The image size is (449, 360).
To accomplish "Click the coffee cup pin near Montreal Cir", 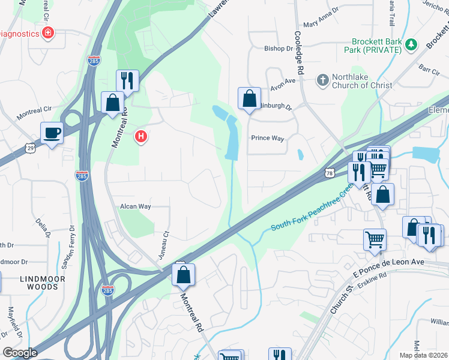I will click(52, 133).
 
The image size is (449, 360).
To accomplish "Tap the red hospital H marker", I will click(141, 137).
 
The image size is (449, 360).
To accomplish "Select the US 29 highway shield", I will click(29, 148).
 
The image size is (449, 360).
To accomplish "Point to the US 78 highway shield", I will click(330, 173).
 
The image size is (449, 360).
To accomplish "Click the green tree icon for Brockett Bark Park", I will click(411, 44).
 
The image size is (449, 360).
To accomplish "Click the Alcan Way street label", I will click(135, 206).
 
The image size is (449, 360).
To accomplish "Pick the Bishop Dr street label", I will click(279, 48).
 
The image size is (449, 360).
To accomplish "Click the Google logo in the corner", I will click(20, 353).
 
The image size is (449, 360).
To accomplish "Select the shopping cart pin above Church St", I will click(375, 239).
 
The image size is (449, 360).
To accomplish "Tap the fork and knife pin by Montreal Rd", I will click(127, 80).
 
